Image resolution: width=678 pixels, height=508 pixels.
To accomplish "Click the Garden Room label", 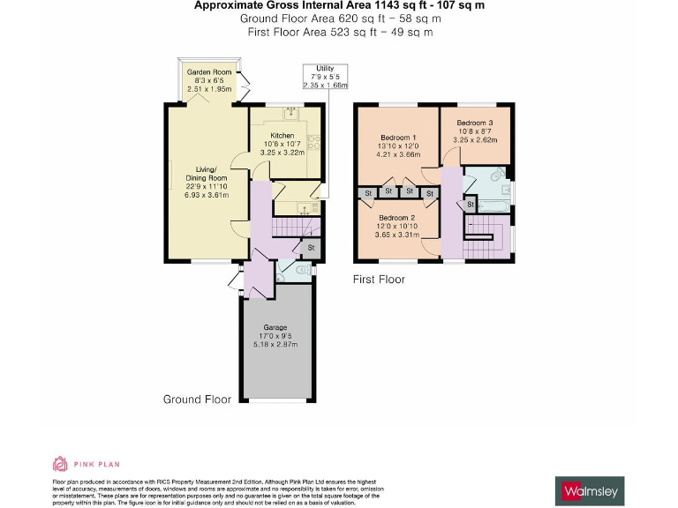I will click(208, 71).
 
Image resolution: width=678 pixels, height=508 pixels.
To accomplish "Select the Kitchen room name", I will click(282, 135).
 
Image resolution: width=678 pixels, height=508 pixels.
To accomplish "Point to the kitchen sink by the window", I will click(290, 113).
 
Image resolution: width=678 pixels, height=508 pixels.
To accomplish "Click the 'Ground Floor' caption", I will click(197, 400).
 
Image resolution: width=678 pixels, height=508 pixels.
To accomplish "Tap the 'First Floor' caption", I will click(379, 280).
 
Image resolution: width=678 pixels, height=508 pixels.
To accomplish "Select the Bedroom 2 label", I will click(396, 217).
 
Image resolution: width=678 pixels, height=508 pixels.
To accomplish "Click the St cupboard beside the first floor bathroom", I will click(471, 205).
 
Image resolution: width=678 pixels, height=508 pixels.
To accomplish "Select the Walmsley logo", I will click(592, 489).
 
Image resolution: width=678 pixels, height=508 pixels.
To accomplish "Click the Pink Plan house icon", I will click(60, 464).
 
